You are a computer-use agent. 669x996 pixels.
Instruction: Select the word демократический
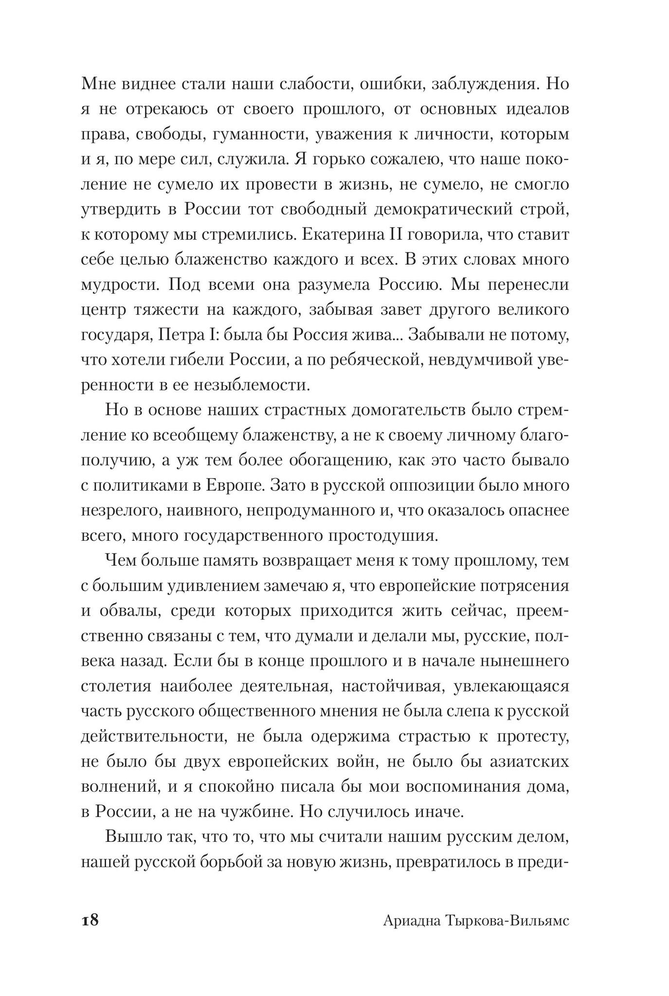[442, 210]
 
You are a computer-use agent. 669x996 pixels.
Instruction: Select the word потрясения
[524, 586]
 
